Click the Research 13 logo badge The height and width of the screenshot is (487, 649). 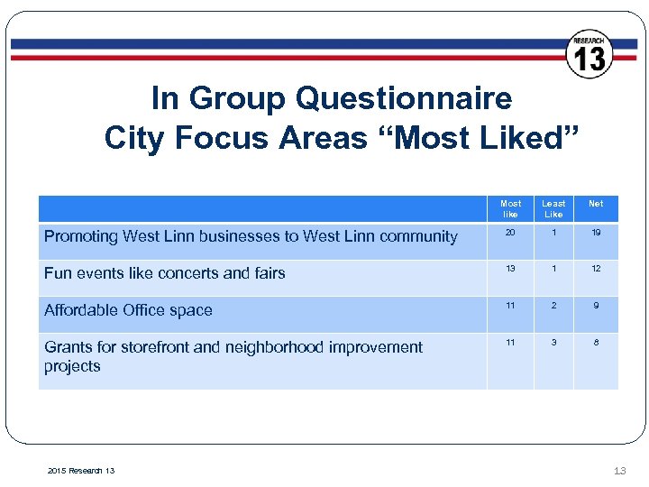click(x=590, y=53)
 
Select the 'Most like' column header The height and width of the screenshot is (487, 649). click(x=510, y=209)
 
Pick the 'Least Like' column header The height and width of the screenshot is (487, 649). click(x=553, y=209)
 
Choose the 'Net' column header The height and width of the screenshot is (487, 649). click(x=596, y=204)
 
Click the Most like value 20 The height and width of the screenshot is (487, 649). click(x=510, y=232)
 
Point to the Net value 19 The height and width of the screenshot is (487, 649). click(x=596, y=232)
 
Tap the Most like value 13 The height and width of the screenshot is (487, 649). click(x=510, y=269)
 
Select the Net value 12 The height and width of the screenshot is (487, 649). click(x=596, y=269)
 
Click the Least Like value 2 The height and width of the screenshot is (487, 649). click(x=553, y=306)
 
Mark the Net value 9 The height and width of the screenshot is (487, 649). click(x=596, y=306)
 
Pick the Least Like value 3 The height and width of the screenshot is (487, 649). click(x=553, y=343)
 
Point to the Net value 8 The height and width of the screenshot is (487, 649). click(x=596, y=343)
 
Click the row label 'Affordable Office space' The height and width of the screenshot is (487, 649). click(x=128, y=310)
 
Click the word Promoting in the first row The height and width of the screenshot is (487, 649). click(x=81, y=236)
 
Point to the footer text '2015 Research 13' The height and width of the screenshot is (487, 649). click(x=79, y=470)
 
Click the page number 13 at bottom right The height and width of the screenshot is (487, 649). click(x=619, y=469)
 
